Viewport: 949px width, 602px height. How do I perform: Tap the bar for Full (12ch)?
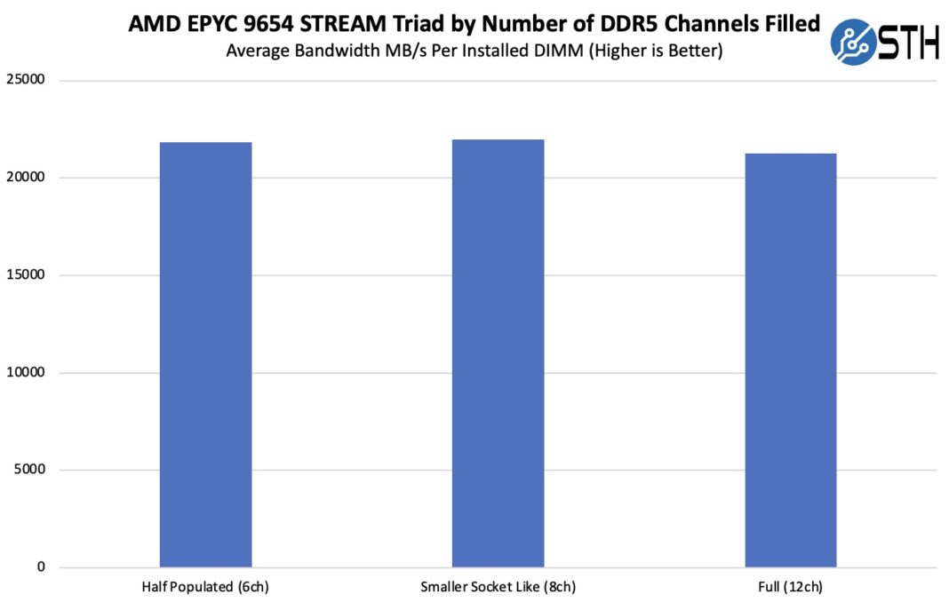tap(790, 360)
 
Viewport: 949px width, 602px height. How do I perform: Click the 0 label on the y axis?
tap(40, 567)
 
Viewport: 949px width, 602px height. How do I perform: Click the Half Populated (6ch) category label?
tap(205, 588)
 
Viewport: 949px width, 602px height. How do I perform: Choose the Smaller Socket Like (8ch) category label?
tap(498, 588)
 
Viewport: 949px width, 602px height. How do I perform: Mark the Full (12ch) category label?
tap(790, 588)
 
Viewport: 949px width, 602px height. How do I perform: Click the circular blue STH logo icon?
tap(852, 43)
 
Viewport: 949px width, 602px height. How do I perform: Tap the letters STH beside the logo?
tap(908, 43)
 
